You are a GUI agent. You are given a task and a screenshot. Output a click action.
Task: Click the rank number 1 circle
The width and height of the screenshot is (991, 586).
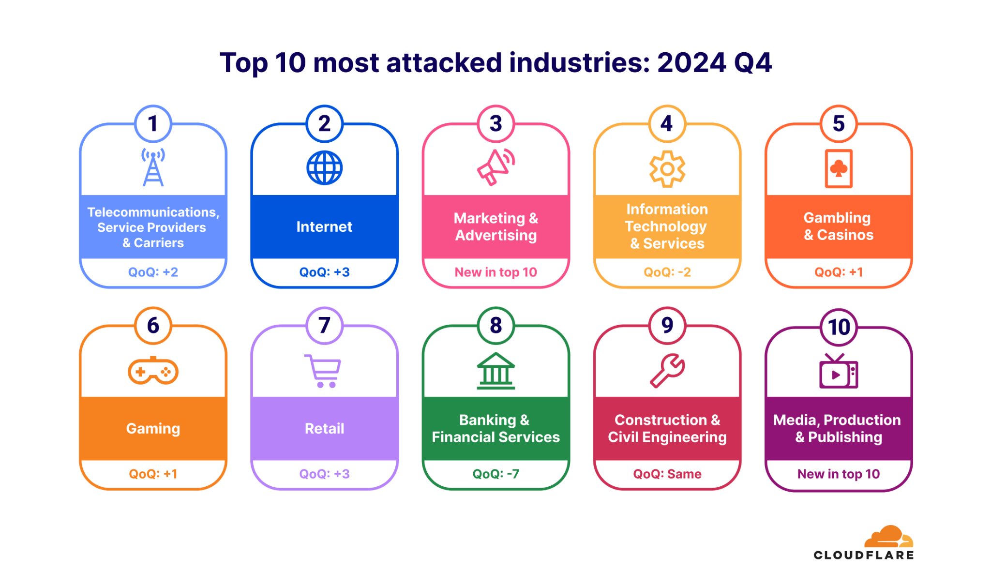pyautogui.click(x=153, y=124)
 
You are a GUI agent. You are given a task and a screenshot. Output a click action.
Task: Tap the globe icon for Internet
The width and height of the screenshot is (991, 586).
pyautogui.click(x=324, y=168)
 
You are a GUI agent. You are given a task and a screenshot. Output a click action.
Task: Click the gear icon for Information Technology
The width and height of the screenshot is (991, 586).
pyautogui.click(x=667, y=169)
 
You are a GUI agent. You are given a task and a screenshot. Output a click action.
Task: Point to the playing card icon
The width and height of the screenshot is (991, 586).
pyautogui.click(x=839, y=168)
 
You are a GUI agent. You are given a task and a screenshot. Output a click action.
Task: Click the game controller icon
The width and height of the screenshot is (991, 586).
pyautogui.click(x=153, y=371)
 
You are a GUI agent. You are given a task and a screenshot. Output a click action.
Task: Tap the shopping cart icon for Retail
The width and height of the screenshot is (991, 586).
pyautogui.click(x=323, y=371)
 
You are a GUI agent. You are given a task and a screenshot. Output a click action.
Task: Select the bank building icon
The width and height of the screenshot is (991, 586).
pyautogui.click(x=495, y=371)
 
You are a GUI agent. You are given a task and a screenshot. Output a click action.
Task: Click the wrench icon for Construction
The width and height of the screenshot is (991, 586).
pyautogui.click(x=667, y=371)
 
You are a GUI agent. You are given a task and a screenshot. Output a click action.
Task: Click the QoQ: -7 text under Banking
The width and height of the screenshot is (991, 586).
pyautogui.click(x=495, y=474)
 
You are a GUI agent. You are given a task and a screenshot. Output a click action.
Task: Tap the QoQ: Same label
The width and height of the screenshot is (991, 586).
pyautogui.click(x=667, y=474)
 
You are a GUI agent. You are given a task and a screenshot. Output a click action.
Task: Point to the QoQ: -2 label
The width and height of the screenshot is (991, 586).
pyautogui.click(x=667, y=272)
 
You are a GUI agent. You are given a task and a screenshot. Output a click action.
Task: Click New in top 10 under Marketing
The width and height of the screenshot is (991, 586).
pyautogui.click(x=495, y=272)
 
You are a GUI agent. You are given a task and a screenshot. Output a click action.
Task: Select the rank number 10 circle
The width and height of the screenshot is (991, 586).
pyautogui.click(x=839, y=327)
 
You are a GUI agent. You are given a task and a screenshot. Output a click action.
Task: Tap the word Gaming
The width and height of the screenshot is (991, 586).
pyautogui.click(x=153, y=428)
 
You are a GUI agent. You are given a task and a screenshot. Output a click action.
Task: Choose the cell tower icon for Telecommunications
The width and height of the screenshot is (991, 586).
pyautogui.click(x=153, y=167)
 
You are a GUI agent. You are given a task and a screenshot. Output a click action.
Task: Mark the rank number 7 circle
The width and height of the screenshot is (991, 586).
pyautogui.click(x=324, y=326)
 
